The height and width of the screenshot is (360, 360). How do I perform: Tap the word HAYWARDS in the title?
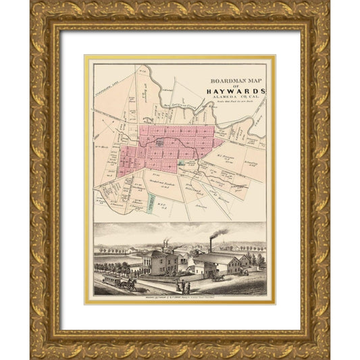(x=237, y=91)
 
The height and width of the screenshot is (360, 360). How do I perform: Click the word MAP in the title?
(x=255, y=78)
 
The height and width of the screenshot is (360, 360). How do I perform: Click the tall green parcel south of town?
(x=149, y=203)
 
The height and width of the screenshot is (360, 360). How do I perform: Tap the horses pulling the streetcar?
(x=129, y=283)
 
